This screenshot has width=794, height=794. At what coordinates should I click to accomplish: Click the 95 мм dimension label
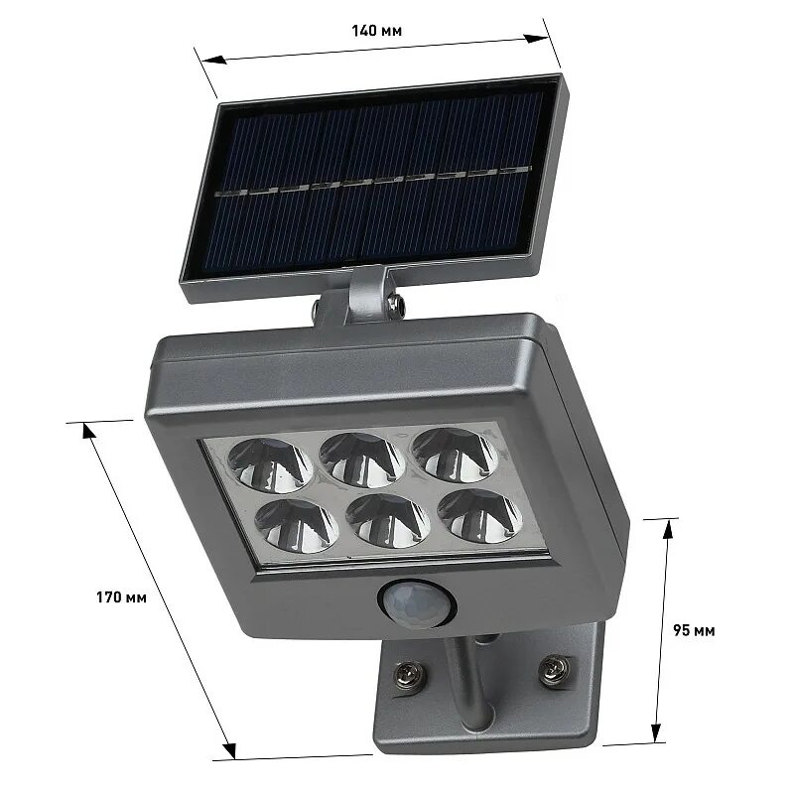pyautogui.click(x=694, y=630)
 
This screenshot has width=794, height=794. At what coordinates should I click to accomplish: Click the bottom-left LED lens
pyautogui.click(x=287, y=527)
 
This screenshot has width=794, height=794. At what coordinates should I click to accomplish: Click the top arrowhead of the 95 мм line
pyautogui.click(x=668, y=527)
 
